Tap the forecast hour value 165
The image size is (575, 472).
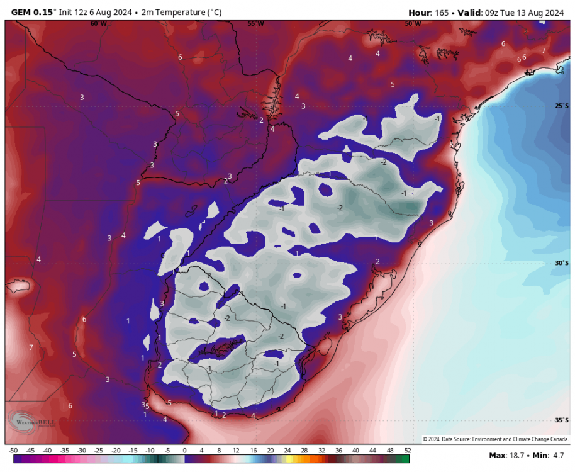click(x=440, y=13)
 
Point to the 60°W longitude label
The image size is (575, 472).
click(x=98, y=23)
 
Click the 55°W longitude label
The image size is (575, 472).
click(x=255, y=23)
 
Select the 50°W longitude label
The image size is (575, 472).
click(x=413, y=23)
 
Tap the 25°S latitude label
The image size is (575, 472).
click(x=562, y=106)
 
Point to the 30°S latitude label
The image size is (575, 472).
click(x=562, y=264)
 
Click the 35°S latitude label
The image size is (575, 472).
click(x=562, y=420)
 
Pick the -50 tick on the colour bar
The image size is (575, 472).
click(x=13, y=451)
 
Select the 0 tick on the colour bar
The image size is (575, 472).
click(x=184, y=451)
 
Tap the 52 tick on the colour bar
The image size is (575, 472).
click(x=406, y=451)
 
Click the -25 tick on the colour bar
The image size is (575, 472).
click(x=99, y=451)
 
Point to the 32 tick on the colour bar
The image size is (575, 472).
click(x=321, y=451)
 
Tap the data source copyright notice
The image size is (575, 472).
click(x=496, y=439)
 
